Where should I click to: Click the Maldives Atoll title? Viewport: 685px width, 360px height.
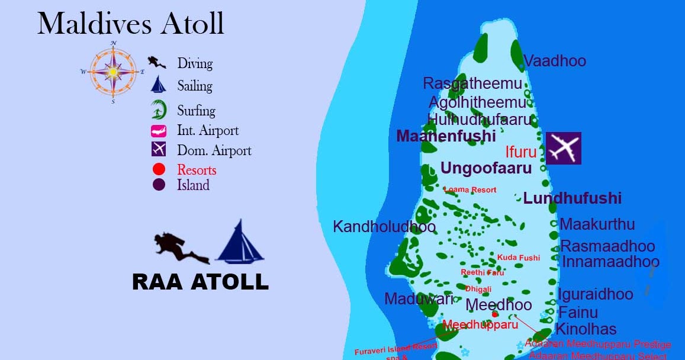[x=130, y=24]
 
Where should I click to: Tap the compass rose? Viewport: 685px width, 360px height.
[x=113, y=72]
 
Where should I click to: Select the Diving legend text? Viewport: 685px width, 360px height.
[x=195, y=63]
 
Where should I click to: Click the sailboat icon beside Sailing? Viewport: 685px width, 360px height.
[x=158, y=85]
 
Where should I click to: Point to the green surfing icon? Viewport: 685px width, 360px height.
[x=158, y=110]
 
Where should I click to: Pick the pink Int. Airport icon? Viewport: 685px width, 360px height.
[x=158, y=131]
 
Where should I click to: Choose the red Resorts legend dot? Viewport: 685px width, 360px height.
[x=159, y=170]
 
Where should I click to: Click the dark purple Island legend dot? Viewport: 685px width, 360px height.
[x=159, y=185]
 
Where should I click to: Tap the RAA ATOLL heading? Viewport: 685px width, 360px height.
[x=200, y=282]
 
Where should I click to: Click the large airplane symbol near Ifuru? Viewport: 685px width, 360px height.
[x=563, y=148]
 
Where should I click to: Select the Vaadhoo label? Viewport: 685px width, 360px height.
[x=555, y=60]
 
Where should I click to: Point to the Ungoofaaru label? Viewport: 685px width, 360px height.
[x=486, y=168]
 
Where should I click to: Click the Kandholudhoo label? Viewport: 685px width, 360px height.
[x=384, y=226]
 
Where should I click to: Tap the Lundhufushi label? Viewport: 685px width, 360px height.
[x=573, y=198]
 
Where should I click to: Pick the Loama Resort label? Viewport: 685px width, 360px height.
[x=470, y=189]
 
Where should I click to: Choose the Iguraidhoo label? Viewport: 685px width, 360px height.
[x=595, y=294]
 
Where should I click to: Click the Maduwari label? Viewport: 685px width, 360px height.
[x=419, y=299]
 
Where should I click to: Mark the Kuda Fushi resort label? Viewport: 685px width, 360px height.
[x=519, y=258]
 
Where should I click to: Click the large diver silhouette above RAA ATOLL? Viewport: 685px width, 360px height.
[x=180, y=247]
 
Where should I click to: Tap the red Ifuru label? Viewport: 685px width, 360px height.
[x=521, y=152]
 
